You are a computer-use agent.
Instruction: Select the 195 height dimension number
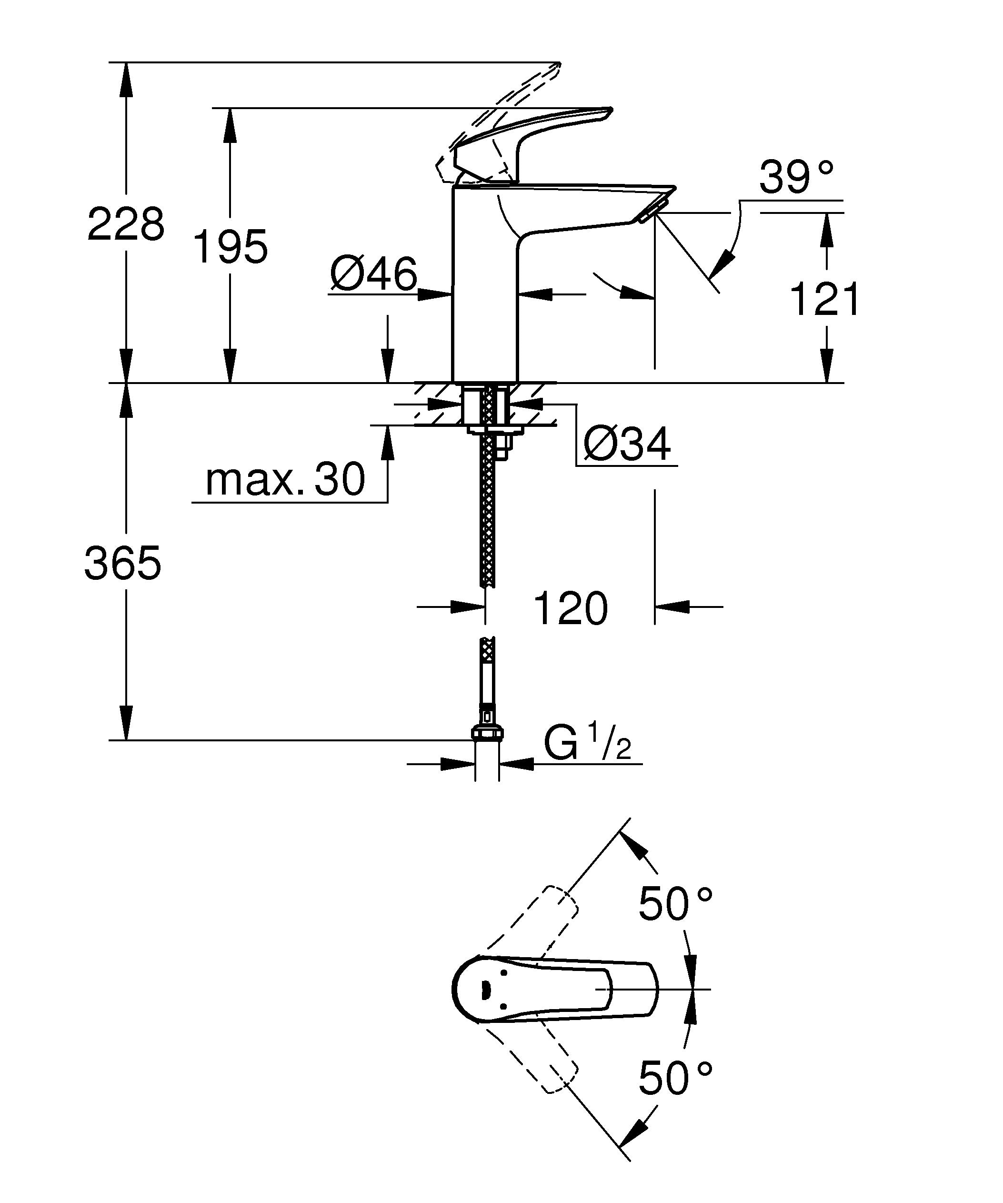[x=230, y=247]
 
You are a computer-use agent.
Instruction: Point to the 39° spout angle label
[x=796, y=177]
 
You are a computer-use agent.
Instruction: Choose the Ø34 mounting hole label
[x=627, y=444]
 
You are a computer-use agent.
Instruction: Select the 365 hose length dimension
[x=122, y=563]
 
